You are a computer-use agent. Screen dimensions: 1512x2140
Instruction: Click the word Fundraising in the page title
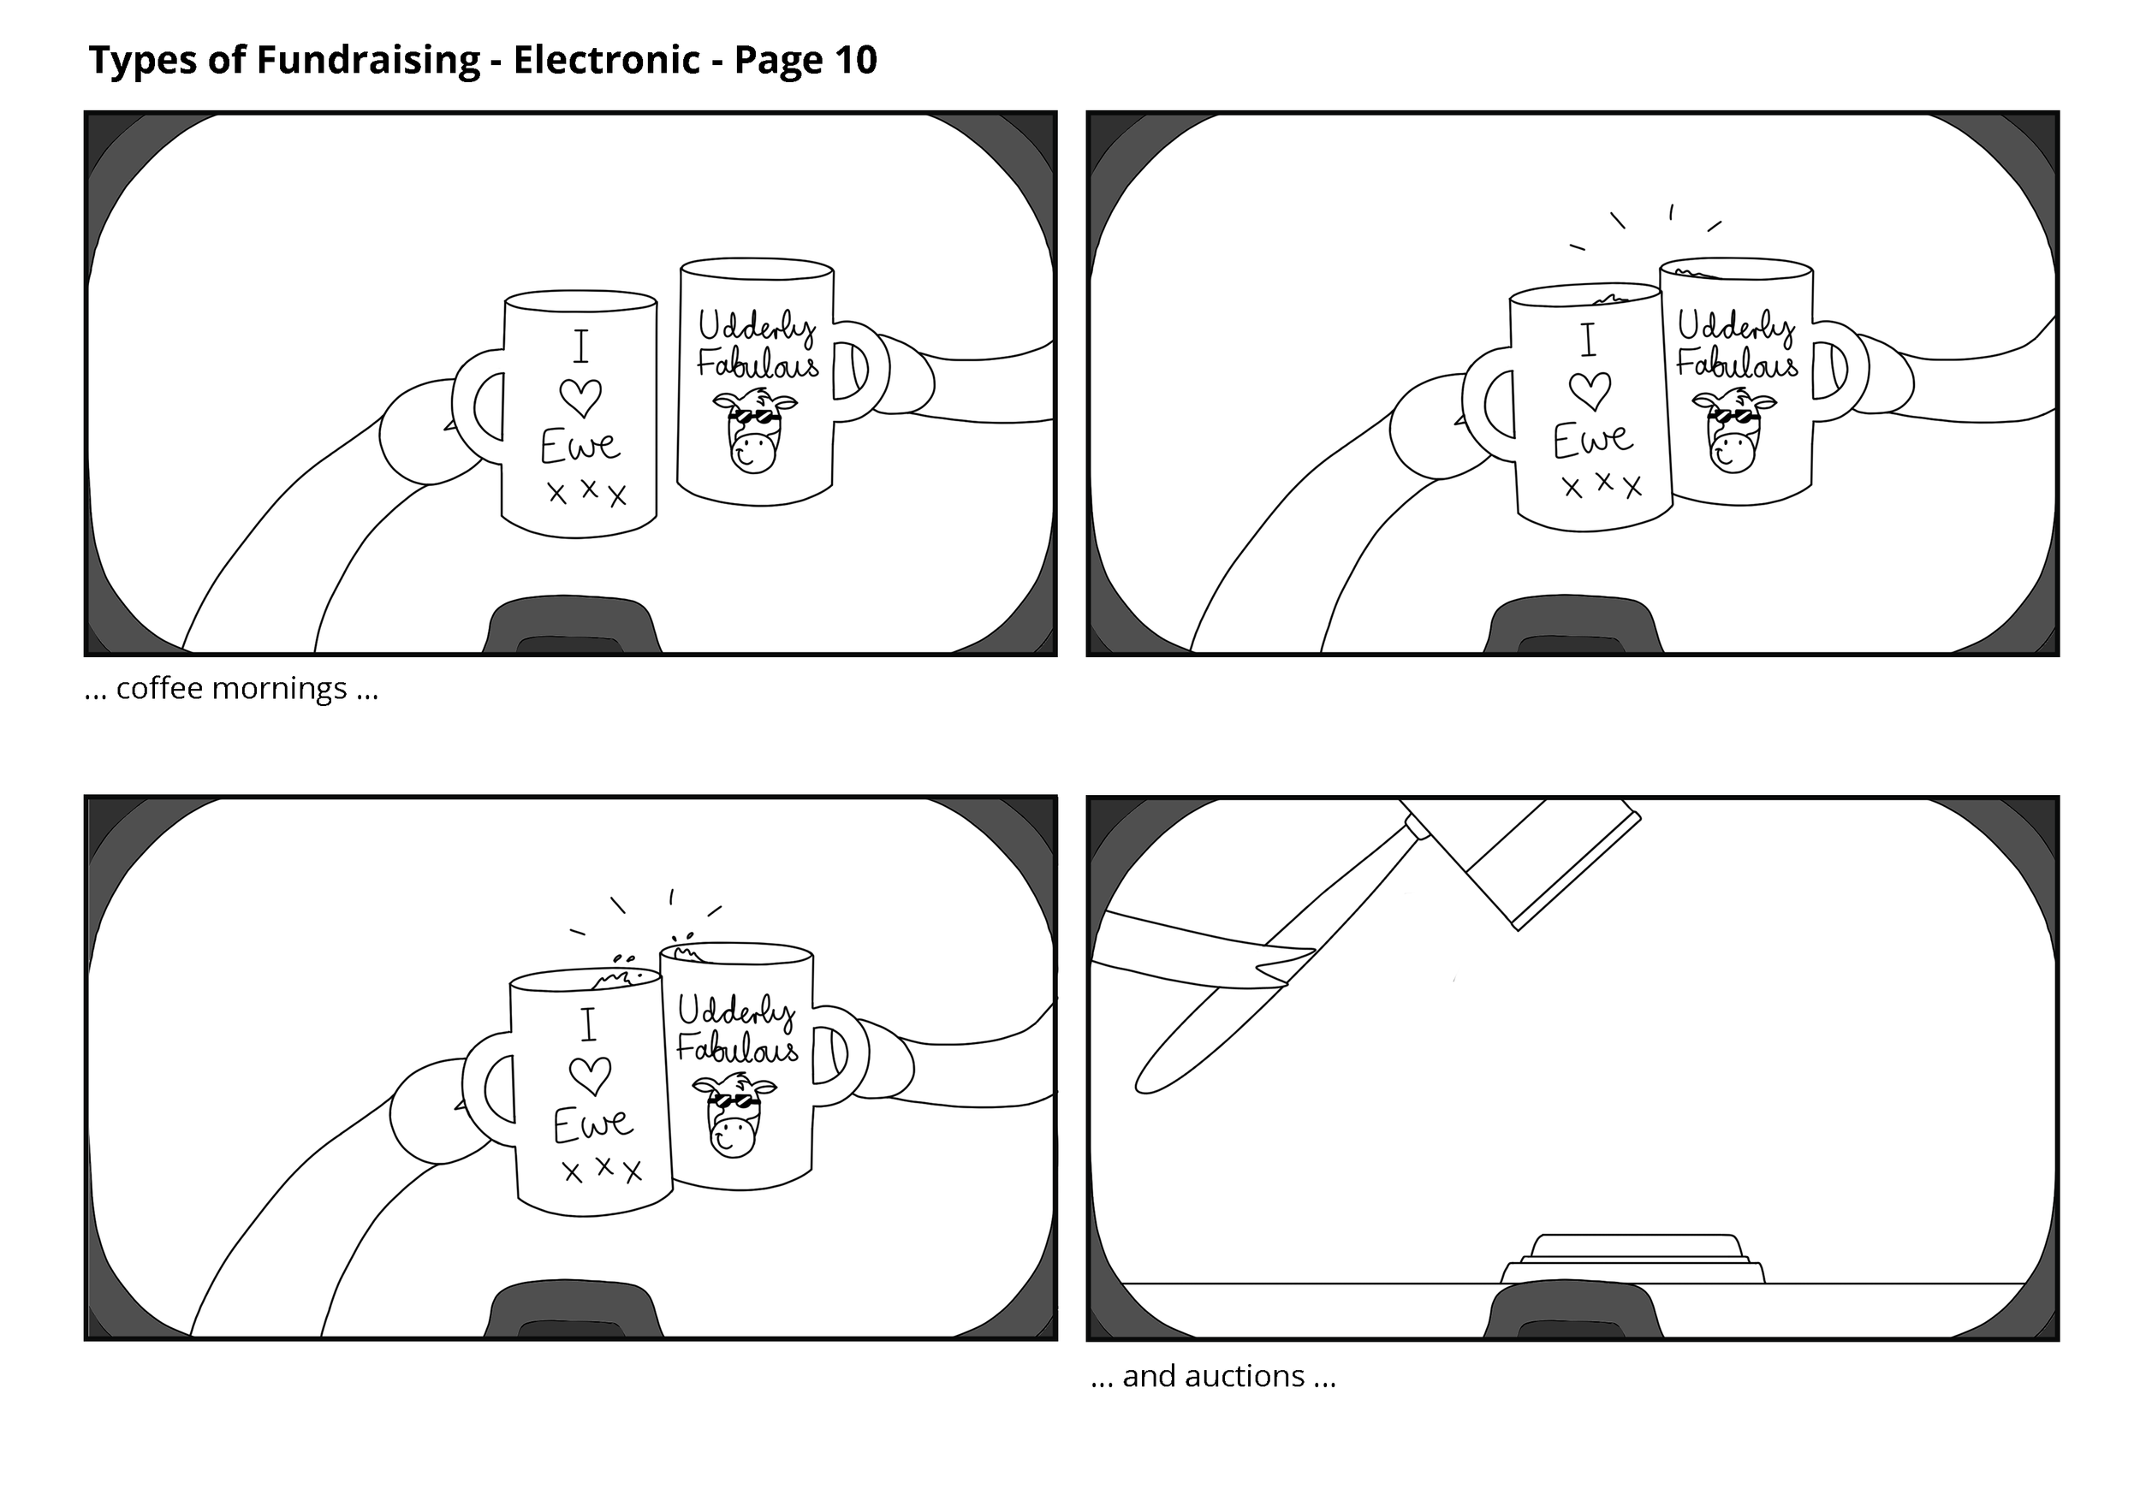point(368,62)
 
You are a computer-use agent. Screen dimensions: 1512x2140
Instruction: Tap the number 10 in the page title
point(856,62)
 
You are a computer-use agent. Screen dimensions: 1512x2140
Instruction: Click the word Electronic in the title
point(606,62)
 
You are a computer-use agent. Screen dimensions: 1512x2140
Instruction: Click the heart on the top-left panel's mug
point(580,398)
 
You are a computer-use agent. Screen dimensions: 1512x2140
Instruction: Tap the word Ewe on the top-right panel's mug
point(1592,440)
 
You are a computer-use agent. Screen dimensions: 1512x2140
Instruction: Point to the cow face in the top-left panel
point(755,433)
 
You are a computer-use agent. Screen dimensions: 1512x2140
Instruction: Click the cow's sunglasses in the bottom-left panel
point(734,1102)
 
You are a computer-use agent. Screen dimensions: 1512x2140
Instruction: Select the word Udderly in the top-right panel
point(1735,326)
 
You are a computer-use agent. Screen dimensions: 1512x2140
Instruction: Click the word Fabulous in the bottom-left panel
point(737,1049)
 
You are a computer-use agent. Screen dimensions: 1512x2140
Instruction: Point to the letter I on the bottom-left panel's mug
point(588,1025)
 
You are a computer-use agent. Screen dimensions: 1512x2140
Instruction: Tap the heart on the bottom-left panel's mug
point(590,1076)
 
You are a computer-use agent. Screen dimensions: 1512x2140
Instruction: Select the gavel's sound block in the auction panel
point(1632,1261)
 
